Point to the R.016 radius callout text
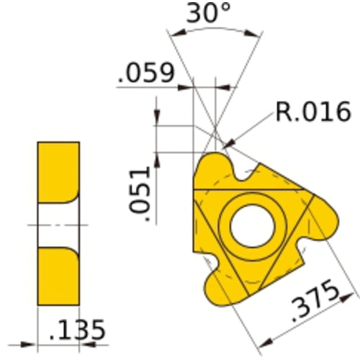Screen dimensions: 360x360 pos(312,112)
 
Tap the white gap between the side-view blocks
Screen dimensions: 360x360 pos(58,225)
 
